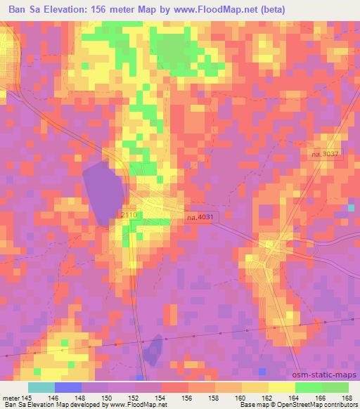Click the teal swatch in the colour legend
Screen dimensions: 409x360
click(41, 387)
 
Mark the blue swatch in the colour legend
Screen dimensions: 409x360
click(68, 387)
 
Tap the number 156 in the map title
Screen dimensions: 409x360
click(119, 10)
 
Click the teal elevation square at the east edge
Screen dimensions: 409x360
click(351, 209)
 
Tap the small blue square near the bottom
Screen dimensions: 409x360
click(262, 370)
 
